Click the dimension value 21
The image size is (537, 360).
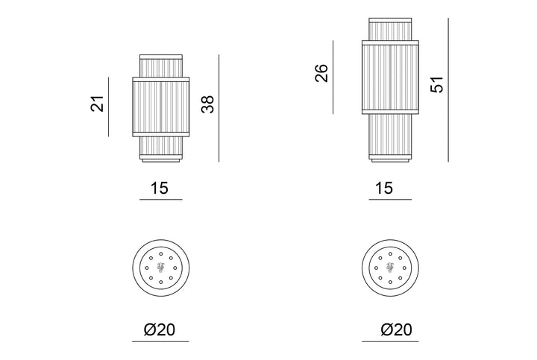pyautogui.click(x=98, y=104)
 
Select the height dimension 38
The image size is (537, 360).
pyautogui.click(x=207, y=104)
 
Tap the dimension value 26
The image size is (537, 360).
pyautogui.click(x=321, y=73)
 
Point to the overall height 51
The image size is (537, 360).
pyautogui.click(x=437, y=84)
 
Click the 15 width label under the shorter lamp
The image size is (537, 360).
pyautogui.click(x=160, y=188)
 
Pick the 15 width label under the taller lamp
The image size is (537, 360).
pyautogui.click(x=384, y=188)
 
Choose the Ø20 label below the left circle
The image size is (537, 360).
pyautogui.click(x=160, y=329)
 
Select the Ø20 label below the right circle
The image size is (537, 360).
pyautogui.click(x=397, y=329)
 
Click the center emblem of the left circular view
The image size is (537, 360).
pyautogui.click(x=160, y=268)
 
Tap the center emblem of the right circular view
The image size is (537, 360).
pyautogui.click(x=390, y=268)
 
